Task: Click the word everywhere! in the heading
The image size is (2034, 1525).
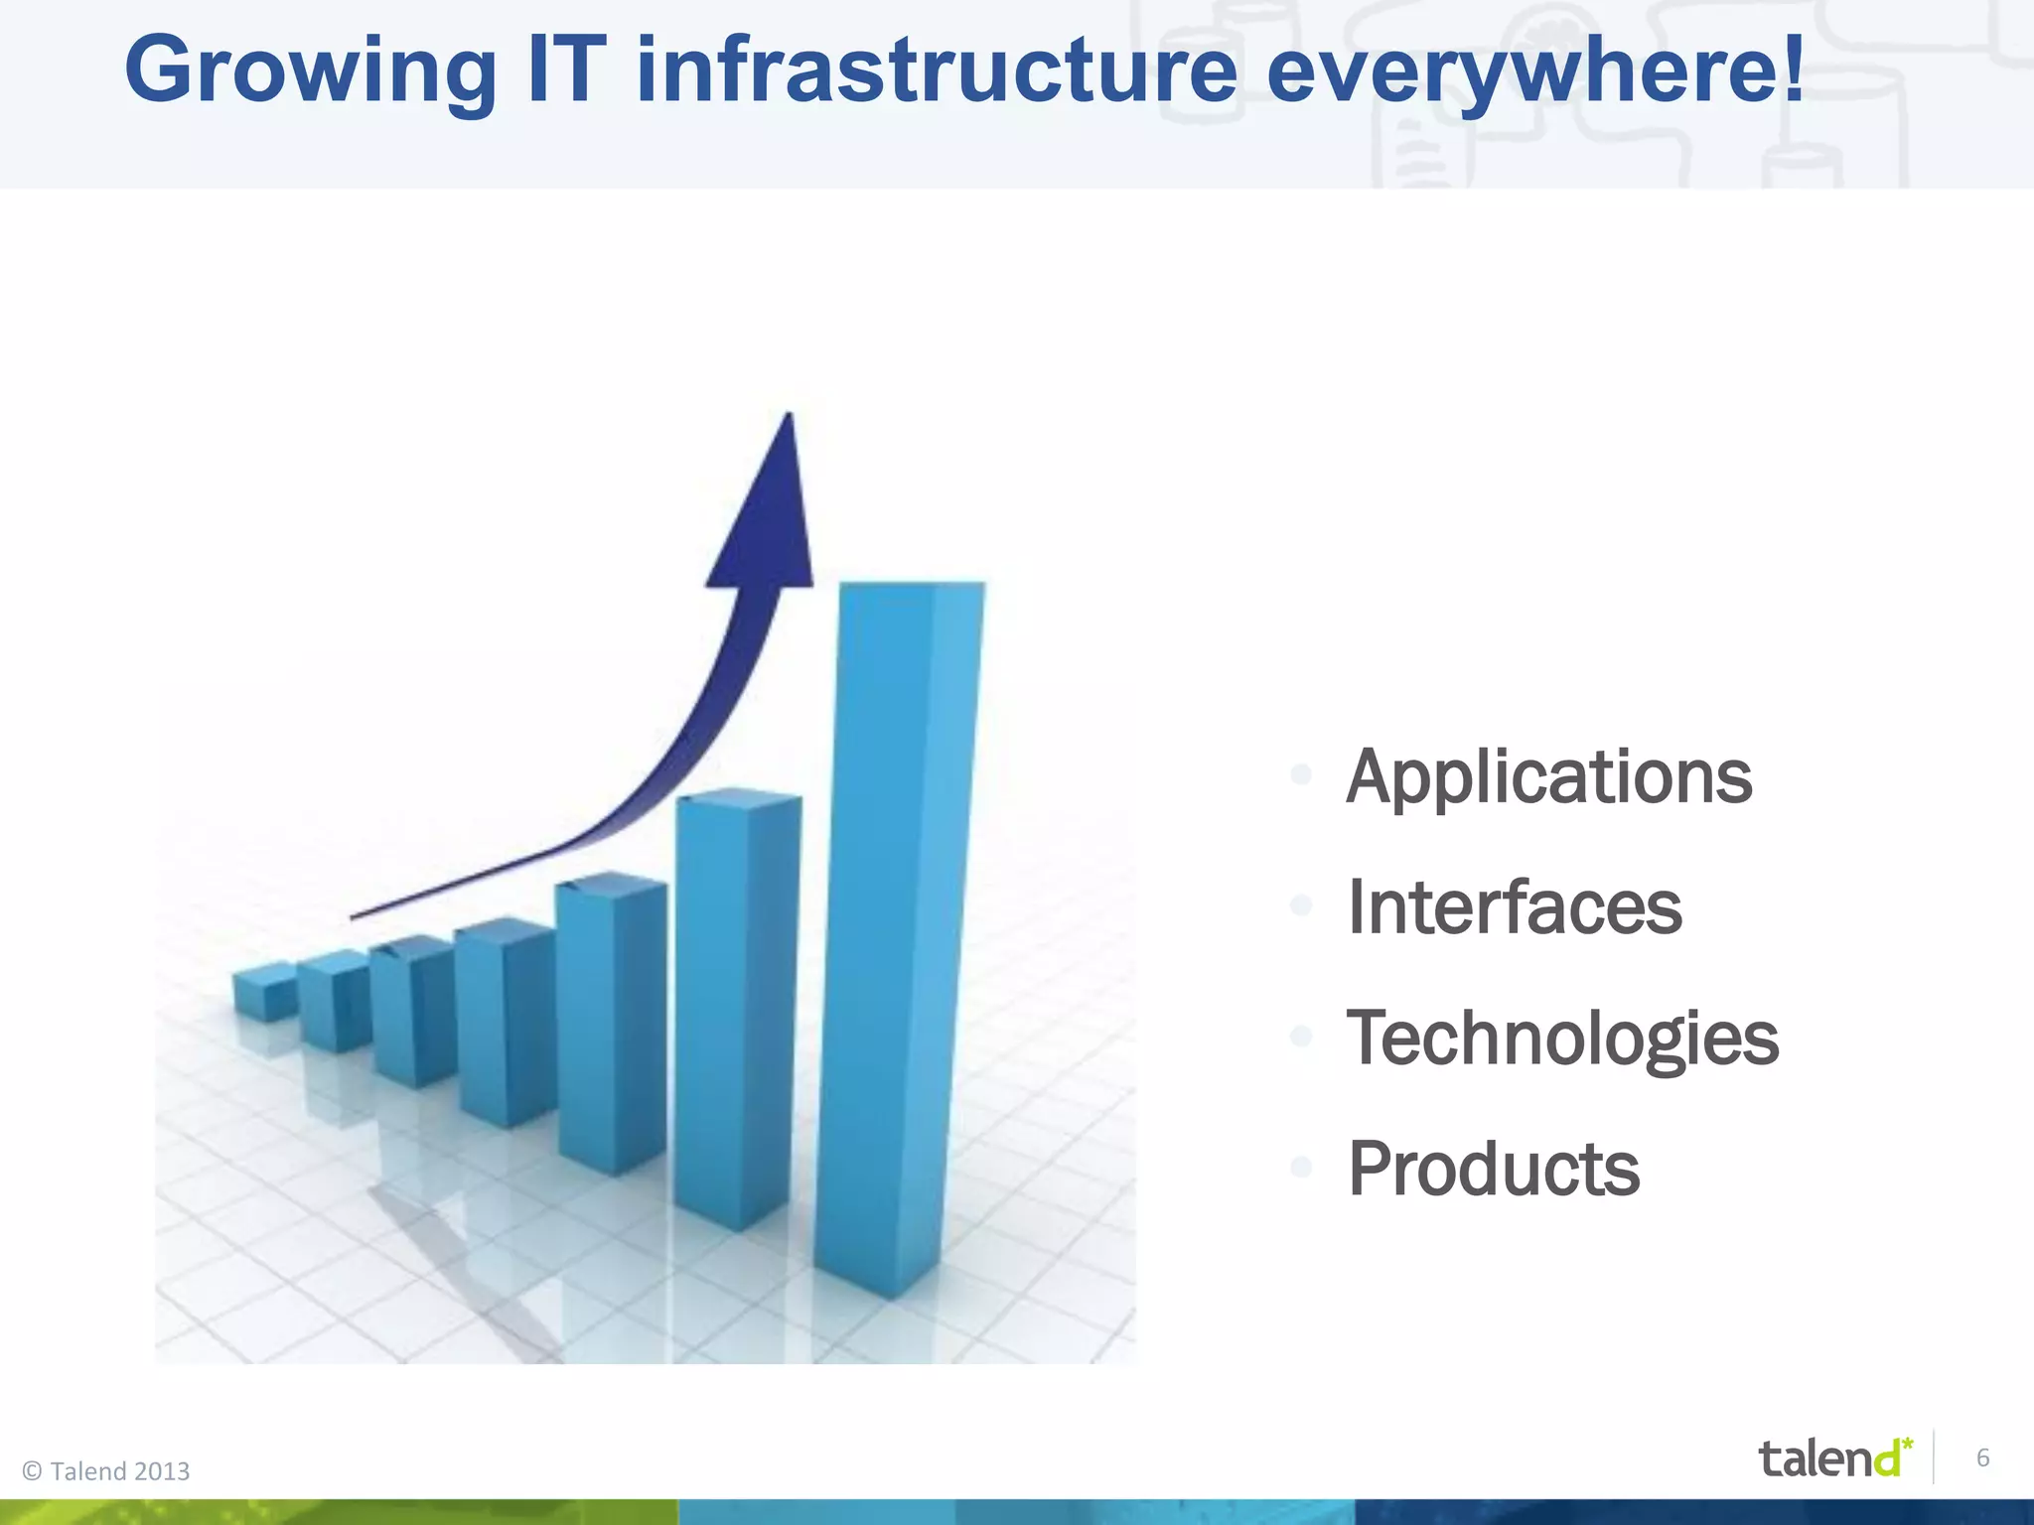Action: tap(1535, 71)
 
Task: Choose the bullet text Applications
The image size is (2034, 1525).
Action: tap(1548, 777)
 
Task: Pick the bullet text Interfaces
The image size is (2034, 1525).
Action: tap(1514, 907)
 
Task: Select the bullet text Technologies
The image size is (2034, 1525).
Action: tap(1562, 1039)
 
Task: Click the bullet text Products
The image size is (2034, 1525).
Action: tap(1493, 1169)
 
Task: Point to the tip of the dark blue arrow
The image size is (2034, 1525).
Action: tap(789, 417)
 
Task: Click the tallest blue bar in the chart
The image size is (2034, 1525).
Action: tap(899, 933)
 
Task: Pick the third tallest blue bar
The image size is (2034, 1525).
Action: tap(608, 1023)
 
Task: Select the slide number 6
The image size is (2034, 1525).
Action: tap(1982, 1457)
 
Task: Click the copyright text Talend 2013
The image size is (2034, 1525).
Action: tap(106, 1471)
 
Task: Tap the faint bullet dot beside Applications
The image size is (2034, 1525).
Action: tap(1301, 775)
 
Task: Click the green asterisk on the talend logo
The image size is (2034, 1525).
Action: tap(1907, 1443)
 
